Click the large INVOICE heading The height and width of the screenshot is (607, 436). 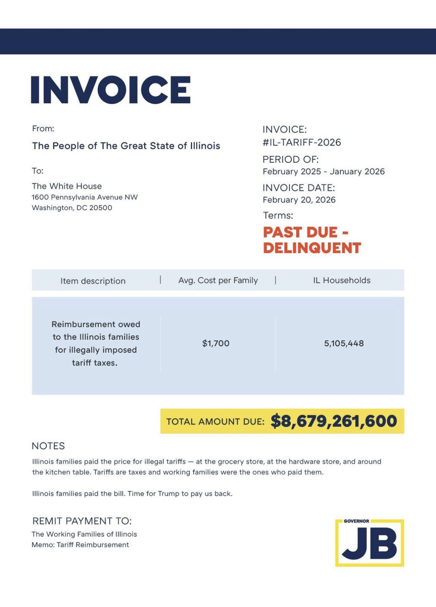(111, 90)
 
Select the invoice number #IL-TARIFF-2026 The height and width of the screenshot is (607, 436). (302, 143)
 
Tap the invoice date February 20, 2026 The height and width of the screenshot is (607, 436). (299, 200)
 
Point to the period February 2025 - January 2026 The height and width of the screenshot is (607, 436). (324, 171)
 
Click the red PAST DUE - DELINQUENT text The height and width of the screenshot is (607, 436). (312, 240)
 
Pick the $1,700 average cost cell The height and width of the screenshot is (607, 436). (216, 343)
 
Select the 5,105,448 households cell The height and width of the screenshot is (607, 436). (344, 343)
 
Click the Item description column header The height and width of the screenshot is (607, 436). (93, 281)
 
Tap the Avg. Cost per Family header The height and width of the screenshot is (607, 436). (218, 280)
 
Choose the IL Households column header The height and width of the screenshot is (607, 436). (342, 280)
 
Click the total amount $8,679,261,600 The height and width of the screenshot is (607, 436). (334, 421)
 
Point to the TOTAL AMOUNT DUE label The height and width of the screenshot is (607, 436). (215, 422)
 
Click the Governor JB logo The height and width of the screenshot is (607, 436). (369, 543)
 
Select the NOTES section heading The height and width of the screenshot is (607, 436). (48, 446)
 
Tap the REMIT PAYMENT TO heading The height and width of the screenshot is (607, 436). (82, 521)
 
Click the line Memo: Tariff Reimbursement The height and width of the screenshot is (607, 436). (80, 545)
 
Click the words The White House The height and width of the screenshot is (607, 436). (67, 186)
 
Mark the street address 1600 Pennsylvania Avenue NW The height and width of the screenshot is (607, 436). (85, 197)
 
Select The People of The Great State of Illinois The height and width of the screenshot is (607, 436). (126, 146)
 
